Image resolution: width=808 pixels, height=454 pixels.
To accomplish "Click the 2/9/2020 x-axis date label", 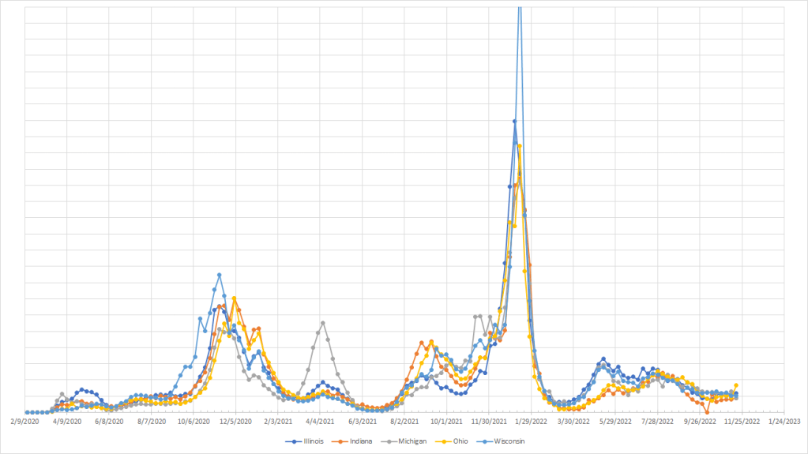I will pos(25,422).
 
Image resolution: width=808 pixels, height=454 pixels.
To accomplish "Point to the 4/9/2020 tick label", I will pos(67,422).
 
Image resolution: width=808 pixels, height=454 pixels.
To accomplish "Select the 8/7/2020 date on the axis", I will pos(152,422).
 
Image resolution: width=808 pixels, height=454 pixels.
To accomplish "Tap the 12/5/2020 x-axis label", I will pos(235,422).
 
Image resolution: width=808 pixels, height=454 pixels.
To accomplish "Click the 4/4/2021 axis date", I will pos(320,422).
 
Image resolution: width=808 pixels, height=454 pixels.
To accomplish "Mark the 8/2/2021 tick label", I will pos(404,422).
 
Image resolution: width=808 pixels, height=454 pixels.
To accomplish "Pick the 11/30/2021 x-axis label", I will pos(488,422).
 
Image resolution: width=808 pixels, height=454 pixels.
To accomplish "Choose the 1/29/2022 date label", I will pos(531,422).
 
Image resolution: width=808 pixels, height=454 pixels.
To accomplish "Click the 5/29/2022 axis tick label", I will pos(614,422).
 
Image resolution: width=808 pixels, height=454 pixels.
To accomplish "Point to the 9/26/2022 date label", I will pos(699,422).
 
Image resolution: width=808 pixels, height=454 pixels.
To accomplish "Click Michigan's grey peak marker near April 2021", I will pos(323,323).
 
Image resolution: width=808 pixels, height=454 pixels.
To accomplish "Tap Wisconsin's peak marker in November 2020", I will pos(220,275).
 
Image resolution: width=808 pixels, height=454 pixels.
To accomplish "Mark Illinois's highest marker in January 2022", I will pos(514,122).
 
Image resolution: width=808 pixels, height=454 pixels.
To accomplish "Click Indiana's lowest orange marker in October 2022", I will pos(707,411).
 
